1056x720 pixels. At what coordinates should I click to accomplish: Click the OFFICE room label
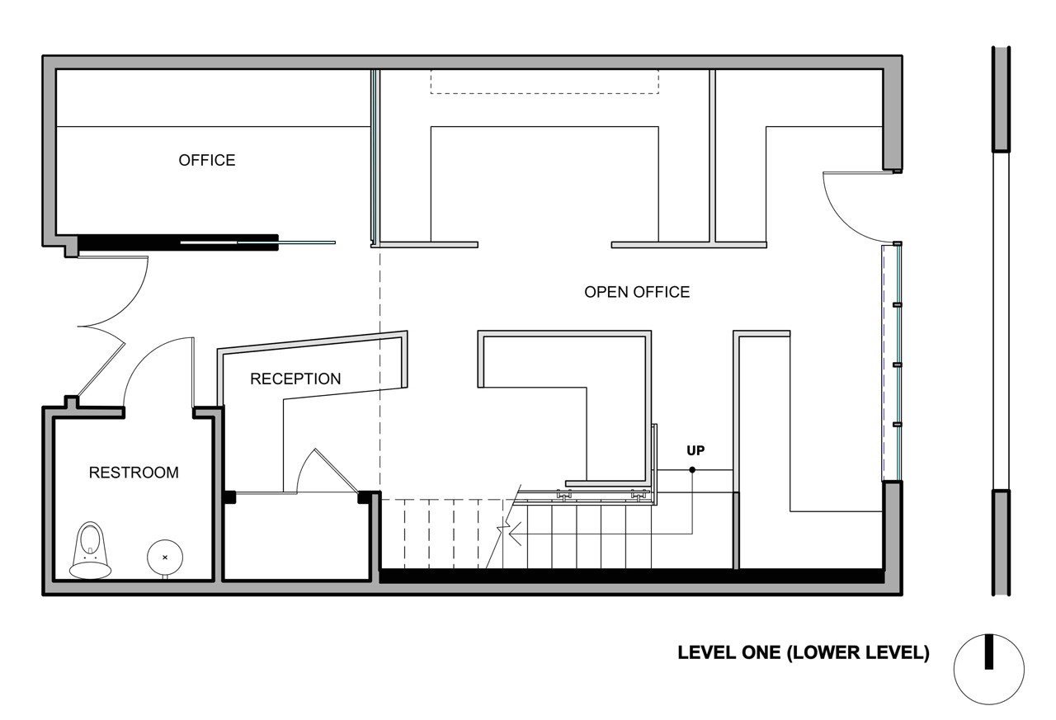coord(207,160)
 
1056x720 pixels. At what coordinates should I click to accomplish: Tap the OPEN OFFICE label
coord(637,292)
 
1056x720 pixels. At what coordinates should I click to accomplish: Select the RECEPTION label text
coord(295,379)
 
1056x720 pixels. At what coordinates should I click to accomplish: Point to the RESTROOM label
coord(134,473)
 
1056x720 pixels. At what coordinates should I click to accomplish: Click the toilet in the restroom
coord(90,550)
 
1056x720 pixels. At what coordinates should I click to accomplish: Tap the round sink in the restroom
coord(164,558)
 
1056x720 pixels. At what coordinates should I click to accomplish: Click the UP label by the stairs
coord(696,450)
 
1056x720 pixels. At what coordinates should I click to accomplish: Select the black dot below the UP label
coord(692,470)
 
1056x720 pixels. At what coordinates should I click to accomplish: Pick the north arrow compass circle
coord(988,669)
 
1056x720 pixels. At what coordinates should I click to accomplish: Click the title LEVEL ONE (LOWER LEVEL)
coord(804,652)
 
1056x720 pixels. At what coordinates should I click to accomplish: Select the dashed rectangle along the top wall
coord(544,82)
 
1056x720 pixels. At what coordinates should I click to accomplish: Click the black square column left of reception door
coord(229,497)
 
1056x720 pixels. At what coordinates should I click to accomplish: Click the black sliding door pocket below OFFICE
coord(177,242)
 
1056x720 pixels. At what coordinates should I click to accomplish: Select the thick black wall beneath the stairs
coord(631,576)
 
